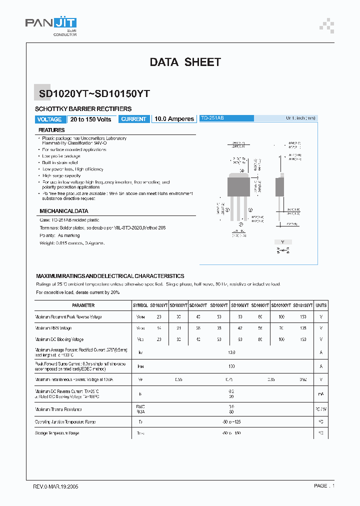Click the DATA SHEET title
point(185,62)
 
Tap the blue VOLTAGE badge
point(49,119)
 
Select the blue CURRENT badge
point(134,119)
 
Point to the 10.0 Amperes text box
point(174,119)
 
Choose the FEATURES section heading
point(51,130)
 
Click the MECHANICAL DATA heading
point(63,211)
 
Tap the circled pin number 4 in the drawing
point(242,170)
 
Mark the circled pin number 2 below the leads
point(241,224)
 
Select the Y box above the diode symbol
point(282,242)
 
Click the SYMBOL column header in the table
point(140,305)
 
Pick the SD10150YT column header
point(302,305)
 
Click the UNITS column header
point(321,305)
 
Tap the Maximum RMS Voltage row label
point(53,328)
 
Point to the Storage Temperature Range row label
point(57,433)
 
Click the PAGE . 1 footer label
point(324,485)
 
